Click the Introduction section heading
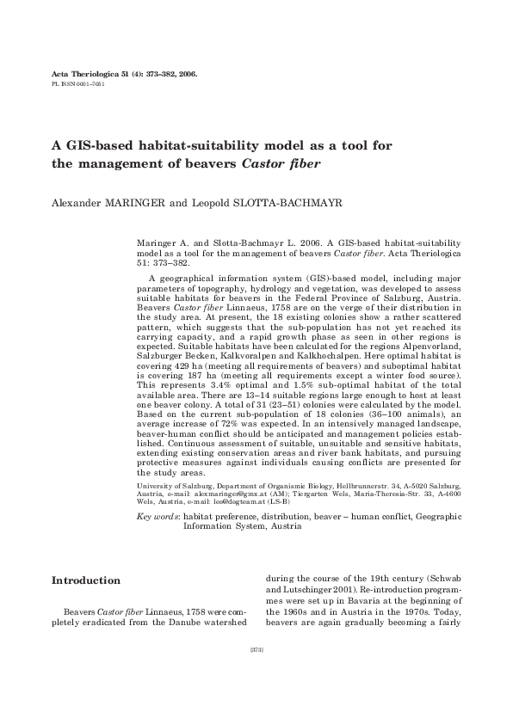point(86,581)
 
